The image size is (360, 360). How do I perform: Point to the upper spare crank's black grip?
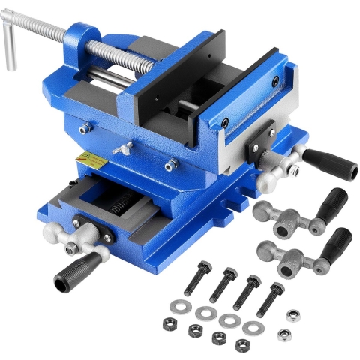coord(331,202)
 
